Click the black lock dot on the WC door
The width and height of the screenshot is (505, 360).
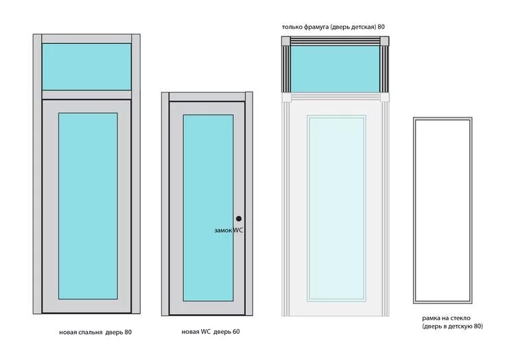pos(239,219)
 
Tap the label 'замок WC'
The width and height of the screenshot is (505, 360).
pos(228,231)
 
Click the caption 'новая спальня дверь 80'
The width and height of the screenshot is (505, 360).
pos(95,333)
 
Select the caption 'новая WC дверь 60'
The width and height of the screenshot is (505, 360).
pos(211,333)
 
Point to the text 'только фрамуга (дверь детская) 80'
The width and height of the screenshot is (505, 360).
pos(333,27)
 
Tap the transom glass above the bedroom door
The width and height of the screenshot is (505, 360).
pos(86,67)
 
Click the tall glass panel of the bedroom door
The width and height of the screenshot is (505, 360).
pos(88,206)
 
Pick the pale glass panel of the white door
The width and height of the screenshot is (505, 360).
pos(336,208)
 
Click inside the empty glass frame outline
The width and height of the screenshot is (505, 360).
pos(443,210)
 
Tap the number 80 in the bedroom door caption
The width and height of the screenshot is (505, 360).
pos(128,333)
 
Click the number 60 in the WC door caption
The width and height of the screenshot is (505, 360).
pos(235,333)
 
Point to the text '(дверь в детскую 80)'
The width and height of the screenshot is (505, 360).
pos(452,327)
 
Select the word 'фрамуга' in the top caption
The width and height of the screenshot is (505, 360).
pos(314,27)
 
